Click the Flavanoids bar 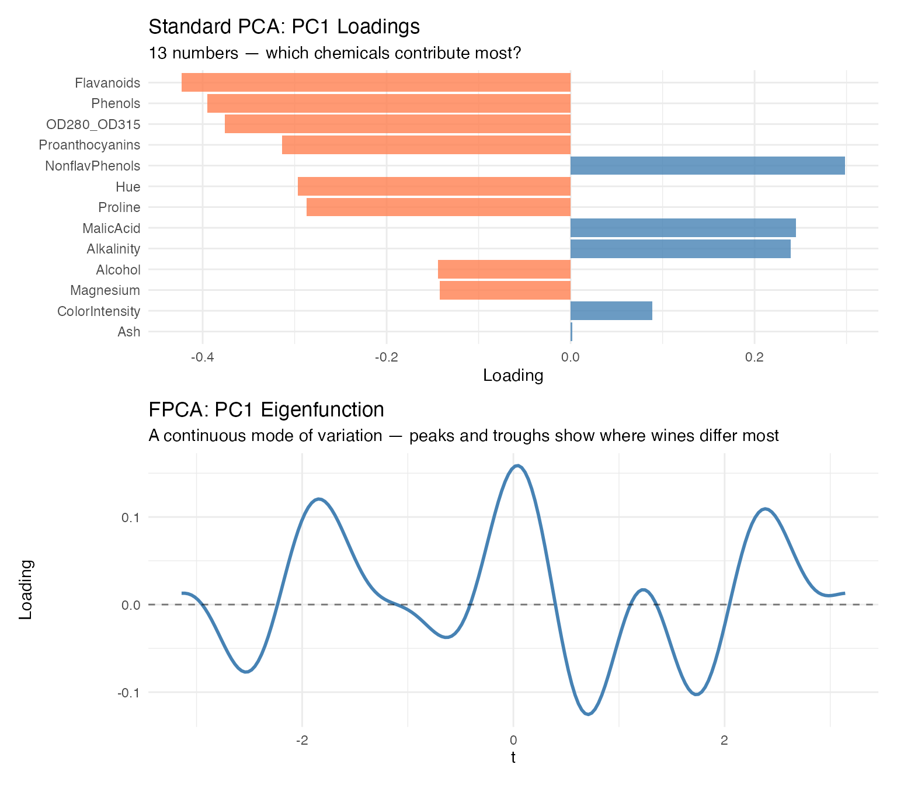point(376,82)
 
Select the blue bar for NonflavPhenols point(707,166)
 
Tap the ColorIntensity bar point(611,311)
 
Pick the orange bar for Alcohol point(504,269)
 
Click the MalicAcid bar point(683,228)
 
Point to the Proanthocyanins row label point(89,145)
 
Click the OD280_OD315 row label point(93,124)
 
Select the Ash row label point(128,332)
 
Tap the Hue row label point(128,187)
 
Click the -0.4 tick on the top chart point(202,357)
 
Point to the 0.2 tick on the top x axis point(755,357)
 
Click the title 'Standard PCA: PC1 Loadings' point(284,27)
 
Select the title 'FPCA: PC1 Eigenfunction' point(266,409)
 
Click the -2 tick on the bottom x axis point(302,741)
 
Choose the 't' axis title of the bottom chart point(513,758)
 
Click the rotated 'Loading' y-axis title point(26,589)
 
